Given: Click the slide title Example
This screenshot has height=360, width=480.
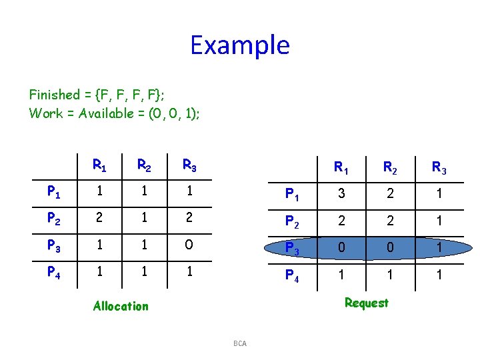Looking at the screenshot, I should point(239,45).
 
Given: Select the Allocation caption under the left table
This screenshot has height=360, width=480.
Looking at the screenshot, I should point(121,306).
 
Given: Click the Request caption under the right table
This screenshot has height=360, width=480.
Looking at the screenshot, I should point(366,303).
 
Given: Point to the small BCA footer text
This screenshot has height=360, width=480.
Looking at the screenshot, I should point(240,343).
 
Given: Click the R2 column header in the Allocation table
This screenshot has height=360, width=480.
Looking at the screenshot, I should point(143,165).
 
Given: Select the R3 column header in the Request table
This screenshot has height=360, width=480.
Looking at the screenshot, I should point(439,167).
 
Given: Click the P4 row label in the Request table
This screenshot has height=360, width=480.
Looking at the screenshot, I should point(292,275).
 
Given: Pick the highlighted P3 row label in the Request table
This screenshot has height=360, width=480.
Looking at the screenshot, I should point(292,247).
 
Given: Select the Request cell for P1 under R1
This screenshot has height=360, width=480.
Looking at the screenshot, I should point(342,194).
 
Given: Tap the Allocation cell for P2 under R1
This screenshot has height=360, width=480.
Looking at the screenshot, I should point(99,217).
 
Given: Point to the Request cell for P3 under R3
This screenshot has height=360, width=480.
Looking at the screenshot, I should point(439,247).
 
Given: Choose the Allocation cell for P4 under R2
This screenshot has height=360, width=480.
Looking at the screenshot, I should point(143,271).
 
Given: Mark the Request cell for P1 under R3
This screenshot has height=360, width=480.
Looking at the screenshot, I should point(439,194).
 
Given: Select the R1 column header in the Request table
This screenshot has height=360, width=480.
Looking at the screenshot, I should point(342,167).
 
